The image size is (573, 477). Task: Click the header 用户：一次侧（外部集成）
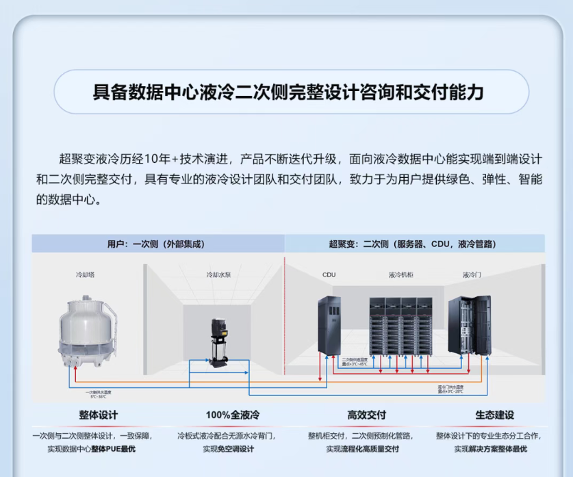tap(156, 244)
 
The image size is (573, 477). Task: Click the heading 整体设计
tap(98, 415)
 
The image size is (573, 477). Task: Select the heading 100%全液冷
tap(232, 415)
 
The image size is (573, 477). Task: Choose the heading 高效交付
tap(366, 415)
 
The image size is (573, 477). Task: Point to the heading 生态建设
tap(495, 415)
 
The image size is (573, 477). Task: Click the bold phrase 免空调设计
tap(237, 449)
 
